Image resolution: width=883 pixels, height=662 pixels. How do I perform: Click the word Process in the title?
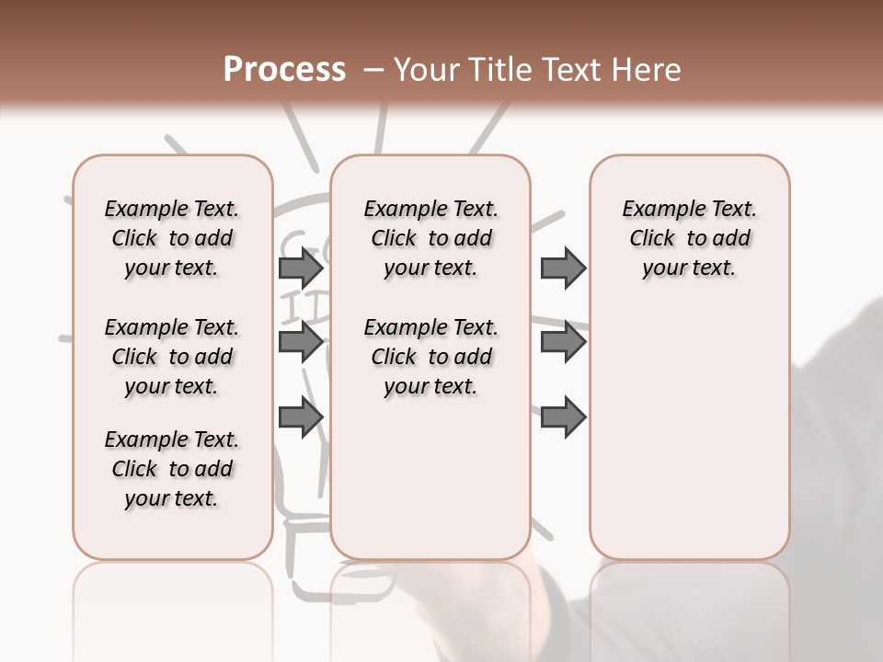(x=284, y=69)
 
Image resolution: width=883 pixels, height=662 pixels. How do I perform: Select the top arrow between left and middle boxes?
(x=301, y=268)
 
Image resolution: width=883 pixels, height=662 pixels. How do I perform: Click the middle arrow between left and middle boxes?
(x=301, y=343)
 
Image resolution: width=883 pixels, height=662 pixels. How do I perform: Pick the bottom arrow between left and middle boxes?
(x=301, y=417)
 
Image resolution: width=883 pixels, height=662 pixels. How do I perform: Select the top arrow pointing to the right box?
(x=563, y=268)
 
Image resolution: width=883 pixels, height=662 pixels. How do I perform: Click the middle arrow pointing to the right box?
(x=563, y=343)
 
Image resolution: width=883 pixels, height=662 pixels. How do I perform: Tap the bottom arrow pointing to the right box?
(x=563, y=417)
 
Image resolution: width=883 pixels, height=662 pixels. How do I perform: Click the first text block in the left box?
(x=172, y=238)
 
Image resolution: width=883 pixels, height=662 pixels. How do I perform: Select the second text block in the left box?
(x=172, y=357)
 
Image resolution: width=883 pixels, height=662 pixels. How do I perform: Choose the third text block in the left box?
(x=172, y=469)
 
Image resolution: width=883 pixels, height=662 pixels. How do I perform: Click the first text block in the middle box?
(x=431, y=238)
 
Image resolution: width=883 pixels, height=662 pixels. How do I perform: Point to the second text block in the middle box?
(x=431, y=357)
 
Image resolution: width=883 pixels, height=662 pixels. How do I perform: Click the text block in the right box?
(x=690, y=238)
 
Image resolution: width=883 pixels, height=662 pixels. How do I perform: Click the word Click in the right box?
(x=652, y=239)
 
